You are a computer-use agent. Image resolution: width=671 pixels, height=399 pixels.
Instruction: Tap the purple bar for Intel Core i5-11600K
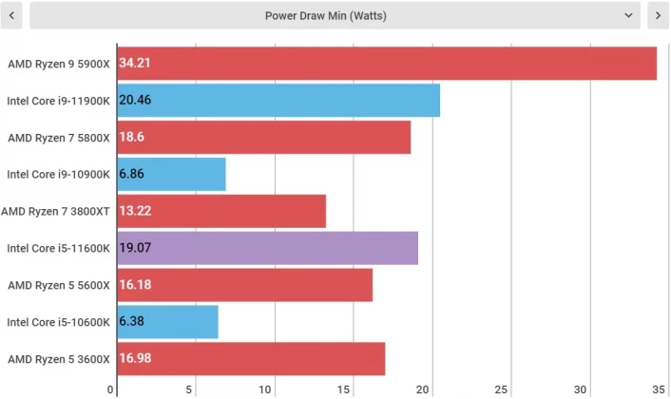(267, 248)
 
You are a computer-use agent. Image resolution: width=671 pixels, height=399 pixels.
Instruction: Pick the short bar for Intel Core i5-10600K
(167, 322)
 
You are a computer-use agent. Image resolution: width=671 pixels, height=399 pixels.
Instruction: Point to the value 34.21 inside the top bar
(135, 64)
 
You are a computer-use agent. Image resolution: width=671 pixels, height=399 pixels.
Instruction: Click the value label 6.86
(132, 174)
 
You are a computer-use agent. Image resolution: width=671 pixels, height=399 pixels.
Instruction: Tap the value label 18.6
(132, 137)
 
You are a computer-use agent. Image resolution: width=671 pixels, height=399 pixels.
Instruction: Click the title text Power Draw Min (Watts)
(325, 15)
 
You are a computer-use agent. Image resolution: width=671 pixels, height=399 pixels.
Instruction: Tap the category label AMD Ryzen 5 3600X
(59, 359)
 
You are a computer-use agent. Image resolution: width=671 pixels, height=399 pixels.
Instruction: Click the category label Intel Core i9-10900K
(59, 174)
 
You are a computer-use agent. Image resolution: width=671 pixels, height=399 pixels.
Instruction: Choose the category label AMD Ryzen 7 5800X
(59, 137)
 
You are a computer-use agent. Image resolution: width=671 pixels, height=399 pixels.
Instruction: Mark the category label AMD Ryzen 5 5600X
(59, 285)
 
